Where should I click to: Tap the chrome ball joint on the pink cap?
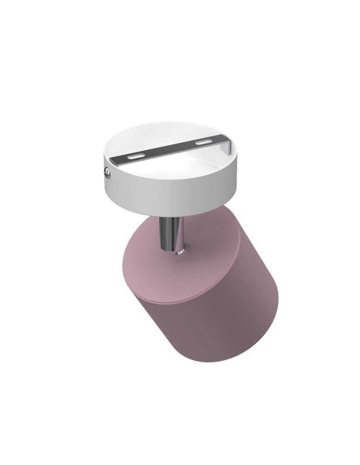178,252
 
